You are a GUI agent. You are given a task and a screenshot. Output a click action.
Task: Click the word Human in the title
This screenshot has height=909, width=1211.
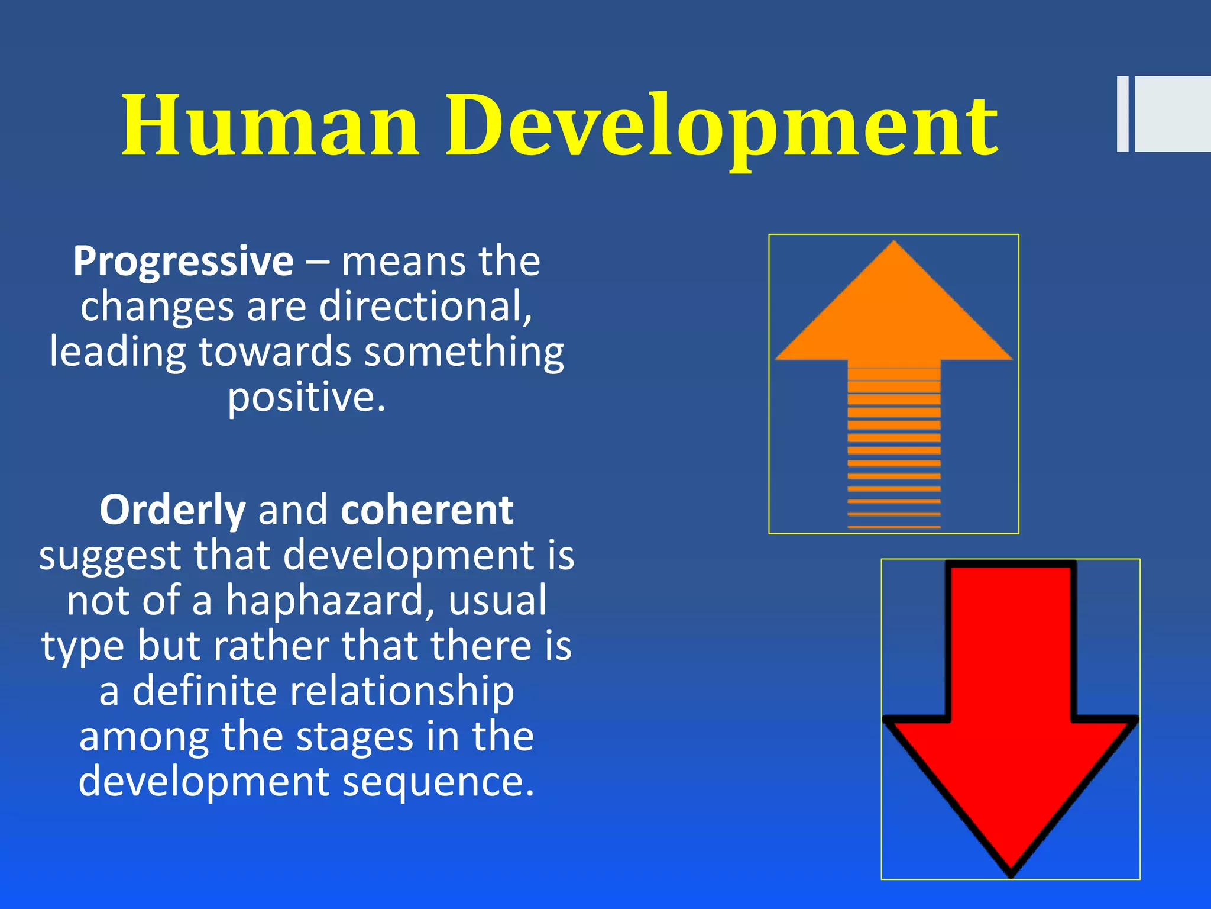[271, 125]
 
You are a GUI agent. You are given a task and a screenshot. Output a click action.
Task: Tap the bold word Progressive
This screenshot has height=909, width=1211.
[183, 261]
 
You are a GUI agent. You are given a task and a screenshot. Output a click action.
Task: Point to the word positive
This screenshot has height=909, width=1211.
[306, 398]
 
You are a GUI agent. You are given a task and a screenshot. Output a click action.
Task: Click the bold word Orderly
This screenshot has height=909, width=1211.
[172, 510]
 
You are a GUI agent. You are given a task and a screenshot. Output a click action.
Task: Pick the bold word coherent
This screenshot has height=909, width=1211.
[427, 510]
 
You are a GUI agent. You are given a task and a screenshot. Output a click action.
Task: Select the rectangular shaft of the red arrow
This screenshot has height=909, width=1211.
[1011, 639]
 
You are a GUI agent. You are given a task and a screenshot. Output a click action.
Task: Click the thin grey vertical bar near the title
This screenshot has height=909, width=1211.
[1122, 114]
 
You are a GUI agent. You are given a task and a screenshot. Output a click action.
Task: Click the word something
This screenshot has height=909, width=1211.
[464, 352]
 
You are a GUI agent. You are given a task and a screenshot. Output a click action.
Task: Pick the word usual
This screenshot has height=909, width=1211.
[497, 601]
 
